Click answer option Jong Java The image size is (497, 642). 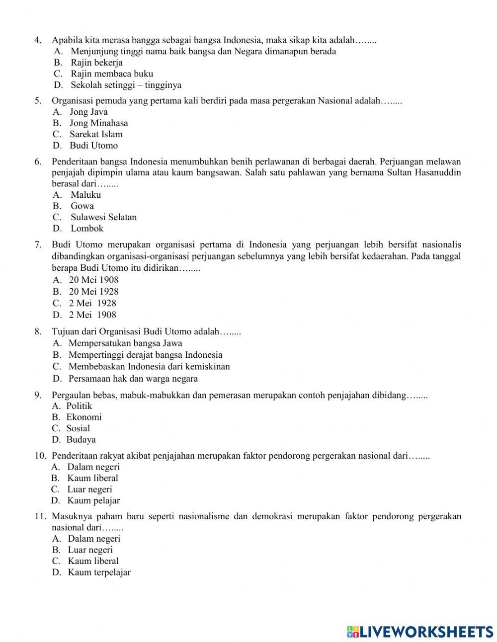(x=88, y=112)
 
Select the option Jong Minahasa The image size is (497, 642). (x=98, y=123)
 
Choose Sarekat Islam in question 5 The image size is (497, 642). (x=95, y=134)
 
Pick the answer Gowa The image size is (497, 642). (x=82, y=206)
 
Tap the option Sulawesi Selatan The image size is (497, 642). (x=103, y=217)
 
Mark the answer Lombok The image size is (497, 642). (x=87, y=229)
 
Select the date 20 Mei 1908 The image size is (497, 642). (x=93, y=280)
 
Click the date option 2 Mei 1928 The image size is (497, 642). (x=92, y=303)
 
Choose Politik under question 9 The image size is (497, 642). (x=79, y=406)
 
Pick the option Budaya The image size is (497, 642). (x=81, y=440)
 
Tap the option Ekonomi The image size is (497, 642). (x=84, y=417)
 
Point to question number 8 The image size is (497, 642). (x=38, y=331)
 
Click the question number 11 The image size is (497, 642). (x=40, y=516)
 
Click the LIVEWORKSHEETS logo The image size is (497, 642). (x=420, y=632)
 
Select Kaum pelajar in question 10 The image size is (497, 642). (x=93, y=501)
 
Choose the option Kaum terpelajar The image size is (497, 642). (x=99, y=572)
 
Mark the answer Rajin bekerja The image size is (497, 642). (x=96, y=63)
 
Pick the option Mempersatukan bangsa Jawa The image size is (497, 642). (x=125, y=343)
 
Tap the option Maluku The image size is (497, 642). (x=85, y=195)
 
